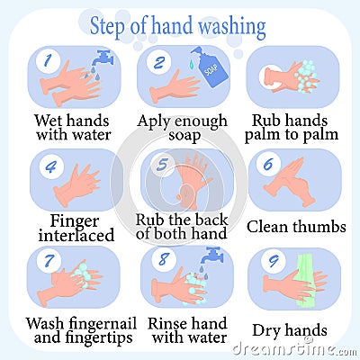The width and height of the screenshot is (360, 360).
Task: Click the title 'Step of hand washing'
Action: tap(177, 25)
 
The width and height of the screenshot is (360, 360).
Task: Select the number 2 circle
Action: tap(158, 62)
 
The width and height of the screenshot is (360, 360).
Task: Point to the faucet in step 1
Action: tap(103, 60)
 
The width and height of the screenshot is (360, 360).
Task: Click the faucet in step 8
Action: tap(210, 258)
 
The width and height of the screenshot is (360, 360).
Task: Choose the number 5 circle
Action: tap(162, 164)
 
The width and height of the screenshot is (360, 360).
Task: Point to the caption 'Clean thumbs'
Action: tap(293, 227)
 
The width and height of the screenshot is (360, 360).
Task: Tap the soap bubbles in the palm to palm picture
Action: tap(306, 76)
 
